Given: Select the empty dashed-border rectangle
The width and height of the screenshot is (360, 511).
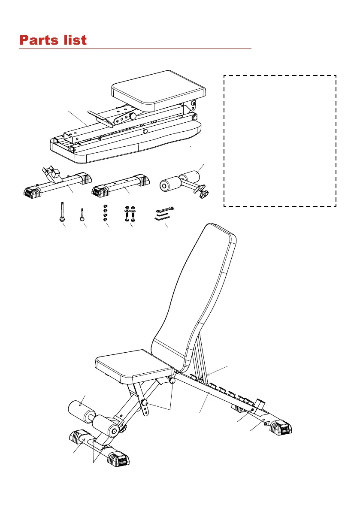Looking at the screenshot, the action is [280, 141].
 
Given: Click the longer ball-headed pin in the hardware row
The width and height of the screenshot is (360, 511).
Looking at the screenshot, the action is [63, 213].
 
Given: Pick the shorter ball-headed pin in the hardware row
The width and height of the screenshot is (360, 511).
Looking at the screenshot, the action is [82, 215].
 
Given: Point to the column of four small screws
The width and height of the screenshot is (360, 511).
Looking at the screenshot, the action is [106, 213].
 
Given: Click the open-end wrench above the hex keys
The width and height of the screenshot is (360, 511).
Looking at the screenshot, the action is [165, 209].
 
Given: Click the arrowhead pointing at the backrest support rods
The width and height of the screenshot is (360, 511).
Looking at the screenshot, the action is [208, 374].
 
